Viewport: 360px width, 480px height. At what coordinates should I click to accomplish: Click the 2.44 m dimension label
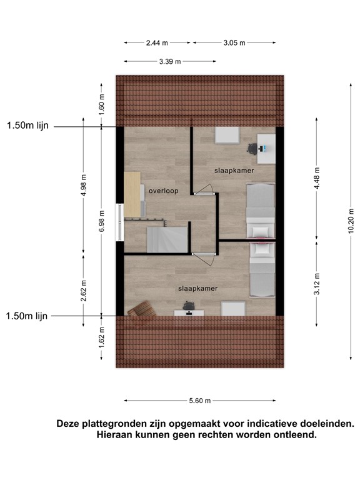(157, 43)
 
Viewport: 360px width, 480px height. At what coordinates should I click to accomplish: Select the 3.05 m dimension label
(233, 43)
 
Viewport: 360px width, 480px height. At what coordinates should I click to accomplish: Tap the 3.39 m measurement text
(170, 61)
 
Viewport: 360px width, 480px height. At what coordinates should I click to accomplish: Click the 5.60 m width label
(199, 401)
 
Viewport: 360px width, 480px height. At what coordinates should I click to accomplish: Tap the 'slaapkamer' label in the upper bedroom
(234, 169)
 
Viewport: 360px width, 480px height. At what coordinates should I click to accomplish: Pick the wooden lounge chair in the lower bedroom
(142, 309)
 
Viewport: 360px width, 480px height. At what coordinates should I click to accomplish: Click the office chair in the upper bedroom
(252, 149)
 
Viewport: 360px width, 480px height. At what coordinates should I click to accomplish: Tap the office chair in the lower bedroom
(188, 304)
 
